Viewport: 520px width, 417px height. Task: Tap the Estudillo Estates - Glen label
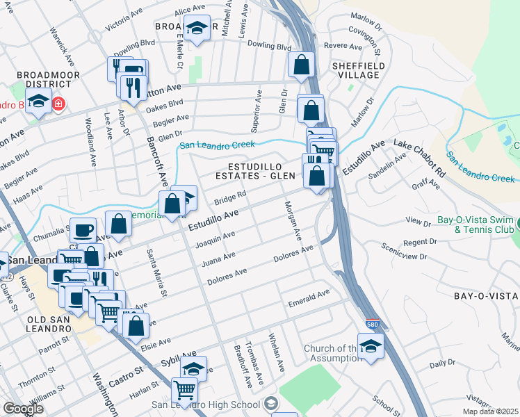coord(264,171)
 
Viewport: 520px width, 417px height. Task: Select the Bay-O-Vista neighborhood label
coord(486,296)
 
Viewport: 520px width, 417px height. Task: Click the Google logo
coord(23,409)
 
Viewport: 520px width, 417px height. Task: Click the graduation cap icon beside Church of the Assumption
coord(371,345)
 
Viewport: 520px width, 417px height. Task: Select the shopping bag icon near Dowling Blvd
coord(301,65)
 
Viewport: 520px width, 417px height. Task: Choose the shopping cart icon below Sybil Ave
coord(184,389)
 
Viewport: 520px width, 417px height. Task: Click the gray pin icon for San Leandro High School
coord(271,404)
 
